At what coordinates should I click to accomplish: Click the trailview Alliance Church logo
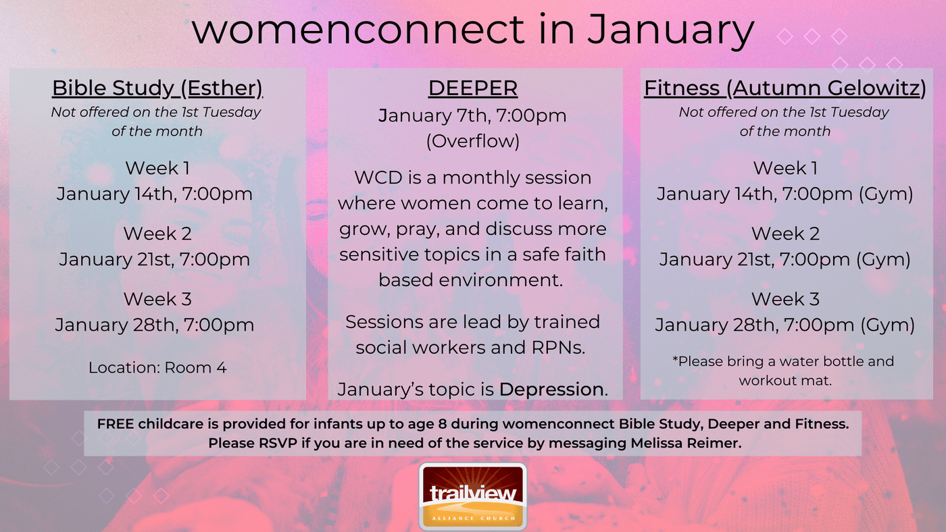pos(472,497)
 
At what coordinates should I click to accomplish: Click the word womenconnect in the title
pos(358,30)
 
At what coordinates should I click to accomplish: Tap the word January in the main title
pos(670,30)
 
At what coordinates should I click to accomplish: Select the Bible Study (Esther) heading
pos(157,88)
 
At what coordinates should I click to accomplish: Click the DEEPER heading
pos(472,88)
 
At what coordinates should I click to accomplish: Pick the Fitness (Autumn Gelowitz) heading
pos(785,88)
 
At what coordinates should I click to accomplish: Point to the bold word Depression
pos(551,390)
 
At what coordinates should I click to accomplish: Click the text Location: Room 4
pos(157,367)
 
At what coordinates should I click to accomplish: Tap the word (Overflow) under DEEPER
pos(472,141)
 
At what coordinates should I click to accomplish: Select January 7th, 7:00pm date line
pos(472,116)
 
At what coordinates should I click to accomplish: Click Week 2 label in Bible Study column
pos(157,234)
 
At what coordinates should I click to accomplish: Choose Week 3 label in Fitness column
pos(785,299)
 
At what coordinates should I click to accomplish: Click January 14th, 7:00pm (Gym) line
pos(785,194)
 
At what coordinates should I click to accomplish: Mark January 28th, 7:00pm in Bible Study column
pos(155,325)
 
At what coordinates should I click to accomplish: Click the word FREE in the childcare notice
pos(116,424)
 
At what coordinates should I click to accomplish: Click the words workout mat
pos(785,381)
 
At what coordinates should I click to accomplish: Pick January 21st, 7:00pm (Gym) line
pos(785,260)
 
